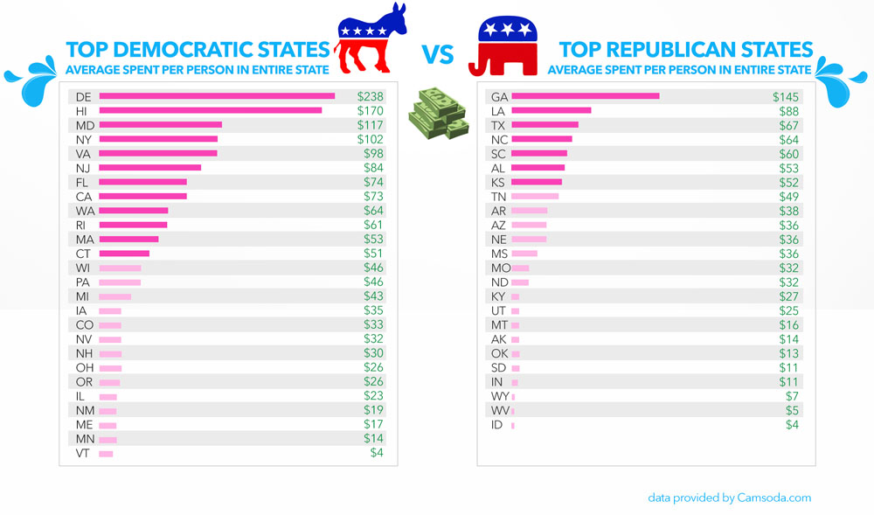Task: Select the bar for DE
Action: (x=217, y=96)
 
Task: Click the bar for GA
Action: (x=585, y=96)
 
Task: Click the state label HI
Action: (x=81, y=110)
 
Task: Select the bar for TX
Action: (x=545, y=125)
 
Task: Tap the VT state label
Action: (x=82, y=454)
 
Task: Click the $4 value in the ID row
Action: (x=792, y=425)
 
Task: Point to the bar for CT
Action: (x=124, y=254)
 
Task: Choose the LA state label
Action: (x=499, y=110)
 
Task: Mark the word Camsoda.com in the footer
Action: (x=774, y=498)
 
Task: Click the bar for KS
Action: (x=536, y=182)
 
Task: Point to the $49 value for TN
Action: (x=789, y=197)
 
